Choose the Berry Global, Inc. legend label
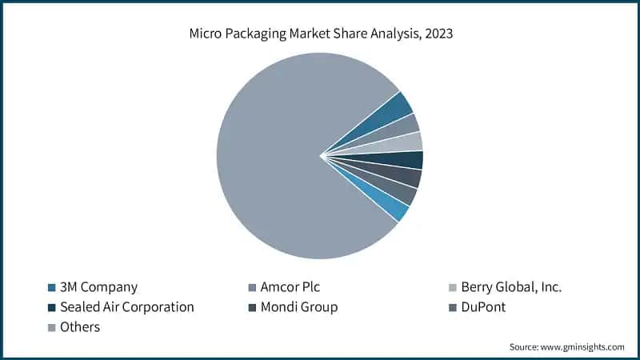[511, 287]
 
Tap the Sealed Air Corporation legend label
[127, 307]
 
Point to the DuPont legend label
[483, 307]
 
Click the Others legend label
[80, 327]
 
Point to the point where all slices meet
[320, 156]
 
